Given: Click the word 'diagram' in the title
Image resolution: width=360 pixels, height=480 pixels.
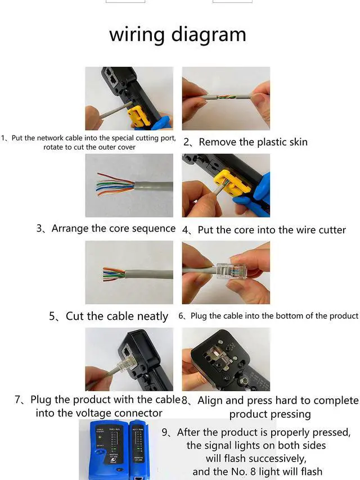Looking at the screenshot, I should click(x=211, y=34).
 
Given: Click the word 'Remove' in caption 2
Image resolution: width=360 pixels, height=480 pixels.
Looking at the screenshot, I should click(x=217, y=142).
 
